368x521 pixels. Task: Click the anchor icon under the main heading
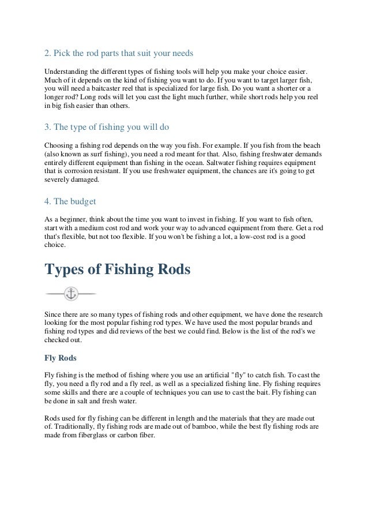tap(71, 293)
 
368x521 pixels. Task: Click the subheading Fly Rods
tap(63, 356)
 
